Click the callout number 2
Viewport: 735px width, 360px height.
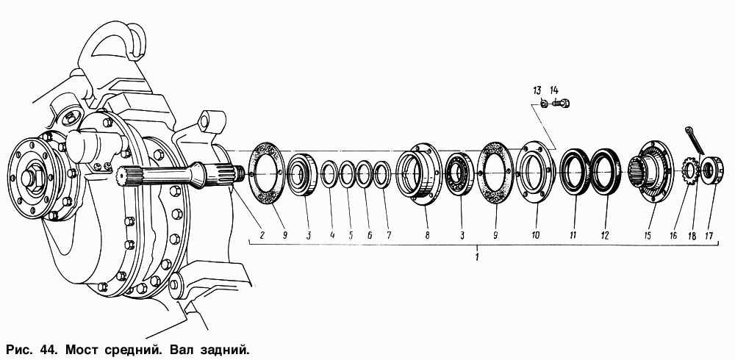pyautogui.click(x=262, y=235)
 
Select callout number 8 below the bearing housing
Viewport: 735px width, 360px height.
pyautogui.click(x=427, y=235)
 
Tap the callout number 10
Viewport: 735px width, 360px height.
pyautogui.click(x=536, y=235)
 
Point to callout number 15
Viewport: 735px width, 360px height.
pyautogui.click(x=648, y=235)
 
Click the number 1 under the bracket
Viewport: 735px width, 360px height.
pyautogui.click(x=477, y=257)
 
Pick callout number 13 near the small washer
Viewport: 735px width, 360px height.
pyautogui.click(x=537, y=90)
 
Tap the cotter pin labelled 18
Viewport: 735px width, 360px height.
pyautogui.click(x=695, y=139)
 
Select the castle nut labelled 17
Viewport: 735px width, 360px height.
pyautogui.click(x=712, y=168)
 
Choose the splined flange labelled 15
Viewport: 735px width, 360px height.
pyautogui.click(x=650, y=172)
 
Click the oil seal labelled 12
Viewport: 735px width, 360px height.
pyautogui.click(x=605, y=171)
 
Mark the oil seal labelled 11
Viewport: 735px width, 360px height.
pyautogui.click(x=575, y=171)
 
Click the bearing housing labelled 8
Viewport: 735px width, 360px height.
pyautogui.click(x=419, y=174)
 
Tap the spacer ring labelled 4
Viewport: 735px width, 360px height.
pyautogui.click(x=329, y=174)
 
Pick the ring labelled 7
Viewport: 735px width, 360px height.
pyautogui.click(x=382, y=174)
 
